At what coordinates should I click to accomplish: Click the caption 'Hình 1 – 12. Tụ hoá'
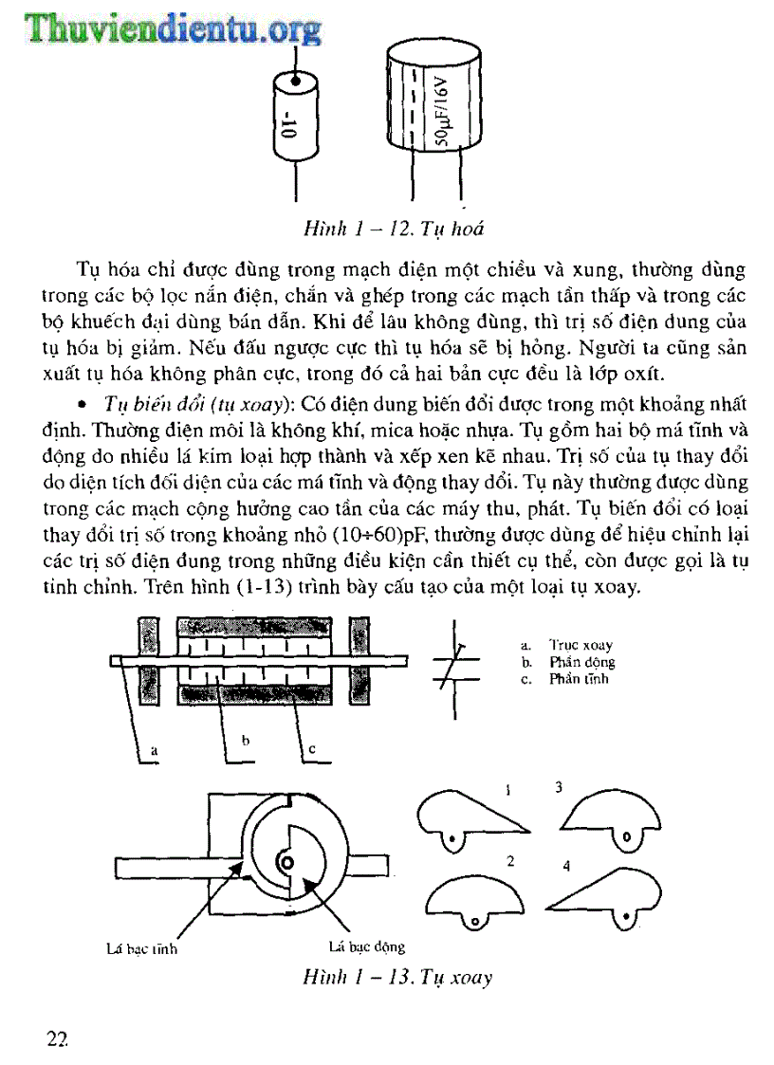(x=396, y=229)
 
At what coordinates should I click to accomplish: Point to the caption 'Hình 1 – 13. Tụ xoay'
(x=397, y=977)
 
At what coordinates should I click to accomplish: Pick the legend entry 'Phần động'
(x=581, y=662)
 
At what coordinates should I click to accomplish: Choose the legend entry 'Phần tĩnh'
(x=579, y=679)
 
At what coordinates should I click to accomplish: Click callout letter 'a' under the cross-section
(x=153, y=749)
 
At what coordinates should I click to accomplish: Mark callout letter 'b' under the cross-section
(x=245, y=738)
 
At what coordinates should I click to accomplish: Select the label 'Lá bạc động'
(x=366, y=946)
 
